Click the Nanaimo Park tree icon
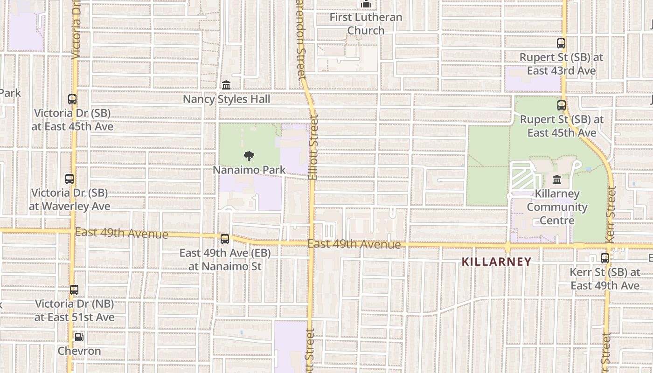click(x=249, y=156)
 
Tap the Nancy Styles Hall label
click(x=226, y=99)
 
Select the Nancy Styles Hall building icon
click(x=226, y=85)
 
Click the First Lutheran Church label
click(x=366, y=24)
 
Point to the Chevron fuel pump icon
click(x=79, y=337)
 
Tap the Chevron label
click(x=79, y=351)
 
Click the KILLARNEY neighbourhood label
click(x=496, y=262)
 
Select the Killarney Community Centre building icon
click(x=556, y=180)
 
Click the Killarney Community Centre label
click(x=557, y=207)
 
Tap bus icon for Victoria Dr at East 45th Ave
click(x=72, y=99)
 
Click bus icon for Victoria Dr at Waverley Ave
click(x=69, y=179)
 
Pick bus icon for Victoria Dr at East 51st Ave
click(x=74, y=290)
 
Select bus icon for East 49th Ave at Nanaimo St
click(x=225, y=239)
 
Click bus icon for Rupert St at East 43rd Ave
click(x=561, y=43)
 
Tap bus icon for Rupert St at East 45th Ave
click(x=562, y=105)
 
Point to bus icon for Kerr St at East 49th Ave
click(x=605, y=258)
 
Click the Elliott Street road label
click(x=313, y=148)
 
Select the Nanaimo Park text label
click(x=249, y=170)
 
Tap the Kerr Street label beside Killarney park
click(x=611, y=214)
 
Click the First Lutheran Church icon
click(x=366, y=5)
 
